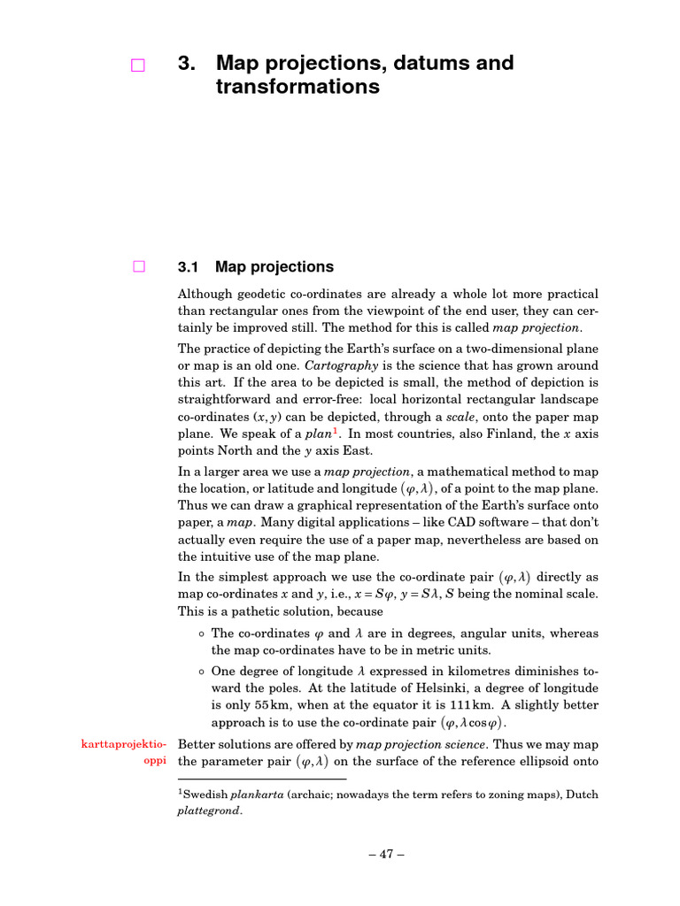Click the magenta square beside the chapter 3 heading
[137, 65]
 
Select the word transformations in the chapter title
[297, 87]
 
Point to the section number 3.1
[191, 267]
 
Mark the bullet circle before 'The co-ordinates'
[202, 633]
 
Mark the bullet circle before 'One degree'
[202, 671]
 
